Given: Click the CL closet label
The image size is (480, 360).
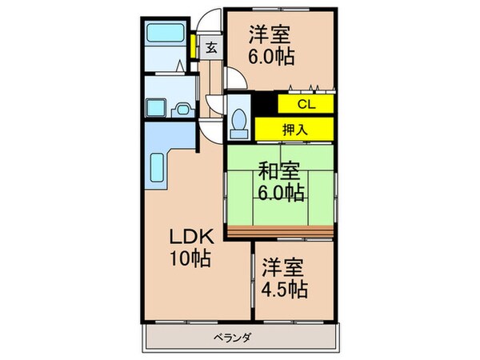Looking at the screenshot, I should pos(306,104).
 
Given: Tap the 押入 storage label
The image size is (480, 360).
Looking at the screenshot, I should pos(294,128).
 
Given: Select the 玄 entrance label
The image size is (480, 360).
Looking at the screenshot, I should pos(212,47).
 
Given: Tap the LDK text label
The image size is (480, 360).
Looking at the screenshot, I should pos(189,237).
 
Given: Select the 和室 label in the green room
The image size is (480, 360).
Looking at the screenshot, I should pos(278,170).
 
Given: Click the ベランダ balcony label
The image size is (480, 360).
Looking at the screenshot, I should pos(233,338).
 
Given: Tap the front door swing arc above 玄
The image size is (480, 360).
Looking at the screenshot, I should pos(212,20).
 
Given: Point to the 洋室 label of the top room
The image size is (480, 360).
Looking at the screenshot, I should pos(269,34).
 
